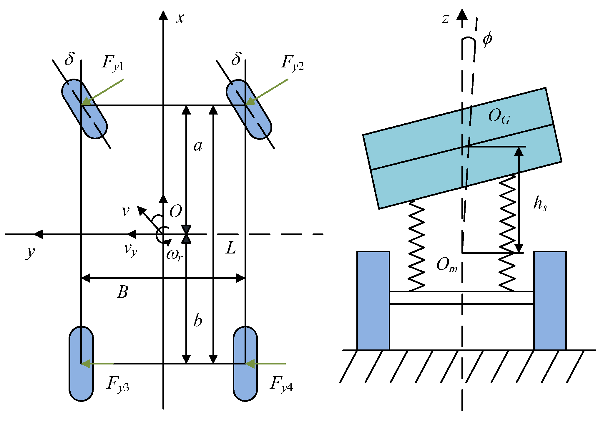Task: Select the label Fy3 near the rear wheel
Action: [x=118, y=384]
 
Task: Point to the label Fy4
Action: [x=281, y=384]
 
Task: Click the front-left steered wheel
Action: [x=84, y=109]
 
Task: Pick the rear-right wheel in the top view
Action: [x=245, y=364]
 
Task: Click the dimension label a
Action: [x=198, y=146]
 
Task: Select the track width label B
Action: [x=122, y=292]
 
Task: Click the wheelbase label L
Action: [x=231, y=248]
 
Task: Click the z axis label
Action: [x=446, y=18]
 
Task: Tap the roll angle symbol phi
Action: [x=487, y=39]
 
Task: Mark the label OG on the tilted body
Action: [x=499, y=116]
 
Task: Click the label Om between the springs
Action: [x=447, y=265]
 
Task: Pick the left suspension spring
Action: [x=416, y=246]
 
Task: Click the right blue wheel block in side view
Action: [x=550, y=300]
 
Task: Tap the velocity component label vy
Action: [x=130, y=249]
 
